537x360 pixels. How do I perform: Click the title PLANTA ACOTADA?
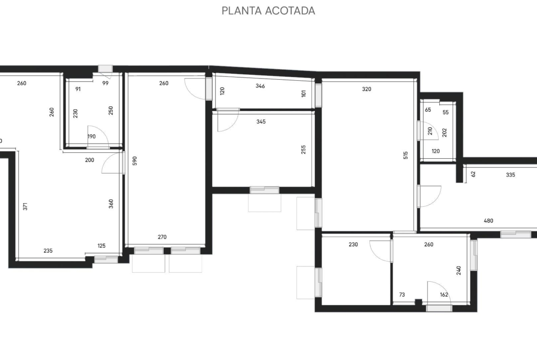(268, 11)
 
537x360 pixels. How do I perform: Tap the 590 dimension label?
(134, 161)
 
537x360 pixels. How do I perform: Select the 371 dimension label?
(25, 206)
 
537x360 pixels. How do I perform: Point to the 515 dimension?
(406, 155)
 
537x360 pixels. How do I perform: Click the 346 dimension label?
(260, 86)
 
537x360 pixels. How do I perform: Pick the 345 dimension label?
(261, 122)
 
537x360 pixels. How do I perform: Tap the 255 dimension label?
(303, 150)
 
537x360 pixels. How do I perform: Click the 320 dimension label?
(366, 89)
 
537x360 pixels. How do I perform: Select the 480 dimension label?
(488, 221)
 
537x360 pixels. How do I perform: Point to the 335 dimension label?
(510, 175)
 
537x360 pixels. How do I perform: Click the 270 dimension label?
(162, 237)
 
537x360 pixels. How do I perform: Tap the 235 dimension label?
(48, 250)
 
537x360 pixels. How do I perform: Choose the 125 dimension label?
(101, 246)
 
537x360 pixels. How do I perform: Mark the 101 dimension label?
(303, 94)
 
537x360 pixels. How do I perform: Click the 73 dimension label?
(402, 294)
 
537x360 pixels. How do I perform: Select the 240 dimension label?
(459, 270)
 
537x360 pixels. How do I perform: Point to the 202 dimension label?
(445, 133)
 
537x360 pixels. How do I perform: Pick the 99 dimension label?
(105, 83)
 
